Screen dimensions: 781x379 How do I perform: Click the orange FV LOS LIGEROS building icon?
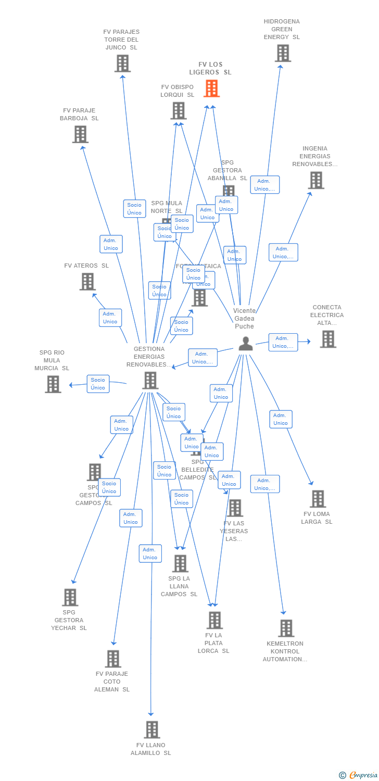click(211, 89)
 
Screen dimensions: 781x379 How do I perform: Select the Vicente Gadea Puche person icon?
click(245, 344)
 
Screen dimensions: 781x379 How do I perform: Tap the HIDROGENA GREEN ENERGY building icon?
click(283, 53)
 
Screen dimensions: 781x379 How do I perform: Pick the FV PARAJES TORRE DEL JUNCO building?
click(122, 64)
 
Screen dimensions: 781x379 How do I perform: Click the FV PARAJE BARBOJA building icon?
click(80, 134)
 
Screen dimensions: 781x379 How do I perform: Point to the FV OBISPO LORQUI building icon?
click(179, 111)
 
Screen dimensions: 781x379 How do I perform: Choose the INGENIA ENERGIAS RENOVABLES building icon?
click(316, 180)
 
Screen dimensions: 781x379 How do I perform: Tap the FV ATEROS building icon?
click(87, 282)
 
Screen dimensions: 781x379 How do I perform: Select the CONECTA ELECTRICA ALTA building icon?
click(328, 339)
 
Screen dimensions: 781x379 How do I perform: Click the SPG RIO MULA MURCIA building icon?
click(53, 384)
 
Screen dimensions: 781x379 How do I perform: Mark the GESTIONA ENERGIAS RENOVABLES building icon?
click(150, 381)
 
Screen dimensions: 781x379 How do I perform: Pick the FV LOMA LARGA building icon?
click(318, 499)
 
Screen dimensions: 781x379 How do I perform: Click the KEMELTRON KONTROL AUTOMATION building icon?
click(286, 628)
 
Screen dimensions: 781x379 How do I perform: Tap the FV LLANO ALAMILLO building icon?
click(152, 730)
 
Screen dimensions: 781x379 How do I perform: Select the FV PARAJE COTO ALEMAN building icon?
click(113, 659)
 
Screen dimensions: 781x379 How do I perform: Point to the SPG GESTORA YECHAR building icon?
click(70, 597)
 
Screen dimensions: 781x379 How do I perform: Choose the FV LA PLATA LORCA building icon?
click(214, 620)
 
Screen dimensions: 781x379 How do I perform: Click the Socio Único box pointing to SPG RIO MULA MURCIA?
click(98, 384)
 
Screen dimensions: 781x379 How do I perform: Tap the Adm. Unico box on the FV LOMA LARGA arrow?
click(281, 419)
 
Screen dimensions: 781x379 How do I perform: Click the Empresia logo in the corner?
click(359, 775)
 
